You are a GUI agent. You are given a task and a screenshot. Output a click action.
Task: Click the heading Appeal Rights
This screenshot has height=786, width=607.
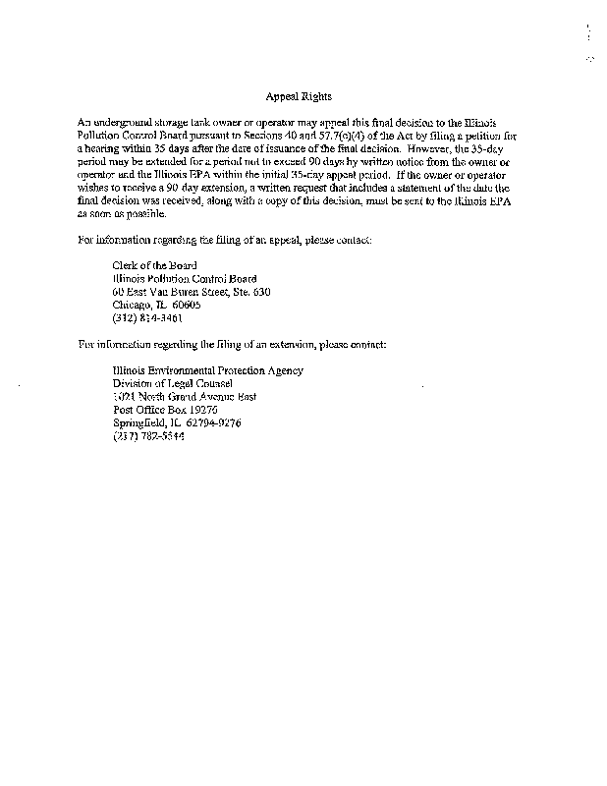299,96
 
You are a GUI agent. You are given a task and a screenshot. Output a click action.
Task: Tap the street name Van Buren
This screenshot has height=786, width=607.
173,292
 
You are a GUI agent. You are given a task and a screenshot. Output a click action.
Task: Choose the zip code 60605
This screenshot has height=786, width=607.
186,305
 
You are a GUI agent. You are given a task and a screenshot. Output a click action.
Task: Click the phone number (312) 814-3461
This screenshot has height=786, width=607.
148,318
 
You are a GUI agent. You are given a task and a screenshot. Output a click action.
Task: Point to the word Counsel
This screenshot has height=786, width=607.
205,383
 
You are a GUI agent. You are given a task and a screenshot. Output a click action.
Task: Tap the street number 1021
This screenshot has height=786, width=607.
125,397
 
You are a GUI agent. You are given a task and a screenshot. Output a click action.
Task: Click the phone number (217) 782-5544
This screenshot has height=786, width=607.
148,436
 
